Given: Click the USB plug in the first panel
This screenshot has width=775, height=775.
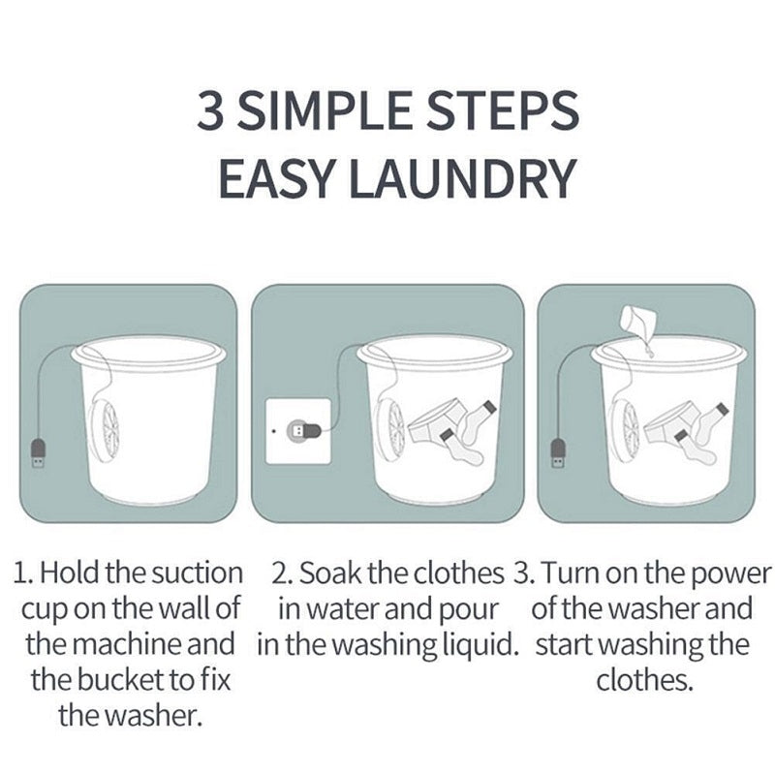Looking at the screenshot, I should click(x=39, y=453).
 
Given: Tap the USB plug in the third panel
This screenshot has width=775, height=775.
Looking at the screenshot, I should click(x=558, y=453).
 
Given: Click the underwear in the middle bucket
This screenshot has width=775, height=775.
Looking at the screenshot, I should click(x=432, y=424).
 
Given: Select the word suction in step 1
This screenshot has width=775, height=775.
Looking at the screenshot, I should click(x=195, y=573).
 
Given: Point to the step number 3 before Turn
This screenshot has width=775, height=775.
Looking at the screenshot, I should click(x=519, y=573).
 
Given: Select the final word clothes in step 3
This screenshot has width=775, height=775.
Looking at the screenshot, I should click(x=643, y=680).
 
